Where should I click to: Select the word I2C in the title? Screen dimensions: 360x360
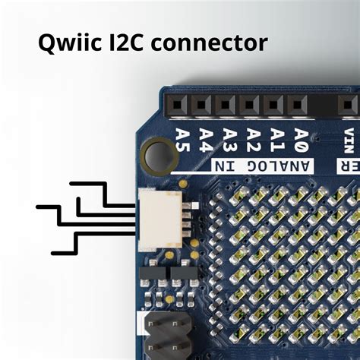[133, 42]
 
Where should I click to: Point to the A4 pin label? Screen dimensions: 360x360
[206, 139]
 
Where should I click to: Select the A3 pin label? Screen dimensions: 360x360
[229, 139]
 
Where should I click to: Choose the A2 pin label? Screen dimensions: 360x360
[253, 139]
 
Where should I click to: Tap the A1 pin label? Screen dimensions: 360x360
[277, 139]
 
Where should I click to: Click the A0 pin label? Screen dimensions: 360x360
[301, 139]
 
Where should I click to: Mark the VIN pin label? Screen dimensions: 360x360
[349, 141]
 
